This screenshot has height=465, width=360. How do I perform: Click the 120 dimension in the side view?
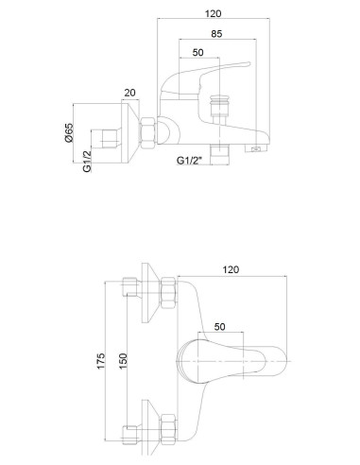tap(214, 13)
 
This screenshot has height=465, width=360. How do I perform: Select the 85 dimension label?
tap(216, 34)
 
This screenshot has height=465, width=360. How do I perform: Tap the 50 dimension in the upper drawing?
tap(197, 52)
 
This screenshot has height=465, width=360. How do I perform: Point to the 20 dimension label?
tap(129, 93)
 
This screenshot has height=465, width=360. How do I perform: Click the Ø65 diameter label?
tap(69, 132)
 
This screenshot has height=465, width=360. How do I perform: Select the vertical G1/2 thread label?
tap(87, 162)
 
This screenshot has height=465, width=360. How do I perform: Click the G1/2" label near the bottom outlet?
tap(189, 161)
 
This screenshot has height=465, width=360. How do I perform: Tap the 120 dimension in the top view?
tap(231, 269)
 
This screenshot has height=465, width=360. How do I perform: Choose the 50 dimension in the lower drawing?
tap(220, 327)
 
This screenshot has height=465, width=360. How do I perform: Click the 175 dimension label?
tap(100, 361)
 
